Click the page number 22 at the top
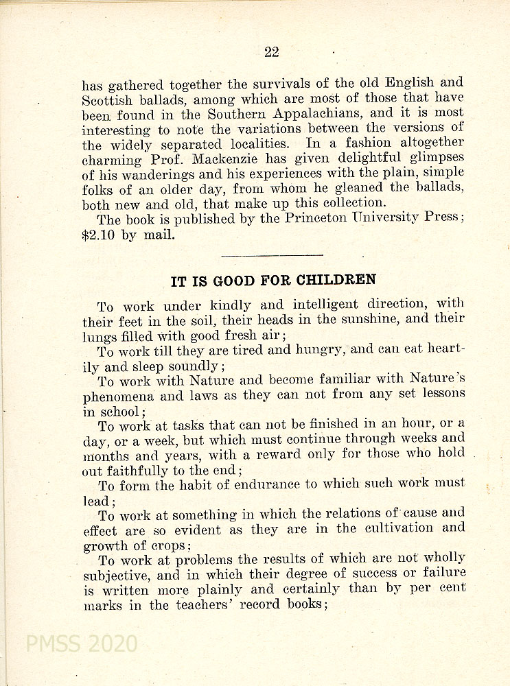point(271,52)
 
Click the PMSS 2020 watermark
point(82,643)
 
